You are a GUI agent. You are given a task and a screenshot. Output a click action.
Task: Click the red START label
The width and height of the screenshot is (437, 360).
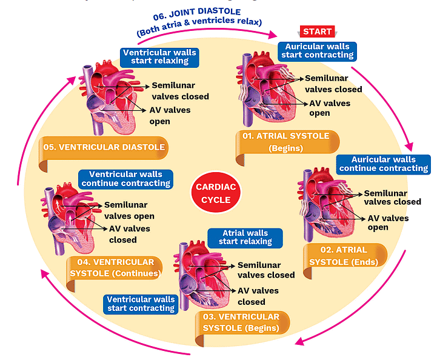317,32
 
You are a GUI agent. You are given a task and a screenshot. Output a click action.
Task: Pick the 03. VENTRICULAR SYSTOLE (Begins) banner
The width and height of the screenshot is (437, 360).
241,322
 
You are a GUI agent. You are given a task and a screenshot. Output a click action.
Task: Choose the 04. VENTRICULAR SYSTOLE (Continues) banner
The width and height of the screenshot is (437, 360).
114,267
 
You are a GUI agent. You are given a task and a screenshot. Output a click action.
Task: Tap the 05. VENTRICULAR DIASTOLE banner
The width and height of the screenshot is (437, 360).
104,147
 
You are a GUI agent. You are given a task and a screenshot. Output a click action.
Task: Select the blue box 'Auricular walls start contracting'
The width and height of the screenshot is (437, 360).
316,50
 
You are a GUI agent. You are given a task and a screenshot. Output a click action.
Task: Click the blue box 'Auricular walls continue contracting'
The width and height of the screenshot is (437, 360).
383,164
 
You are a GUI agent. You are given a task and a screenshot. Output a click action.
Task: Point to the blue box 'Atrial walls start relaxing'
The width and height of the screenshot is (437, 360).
245,237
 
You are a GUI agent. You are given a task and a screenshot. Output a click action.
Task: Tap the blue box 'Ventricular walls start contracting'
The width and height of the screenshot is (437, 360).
141,303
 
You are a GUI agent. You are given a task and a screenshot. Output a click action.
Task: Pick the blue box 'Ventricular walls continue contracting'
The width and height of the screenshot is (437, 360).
125,179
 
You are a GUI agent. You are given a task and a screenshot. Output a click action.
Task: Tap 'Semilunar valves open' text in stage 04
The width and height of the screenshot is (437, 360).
129,210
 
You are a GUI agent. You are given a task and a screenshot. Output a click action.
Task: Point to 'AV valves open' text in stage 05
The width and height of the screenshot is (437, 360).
170,115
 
